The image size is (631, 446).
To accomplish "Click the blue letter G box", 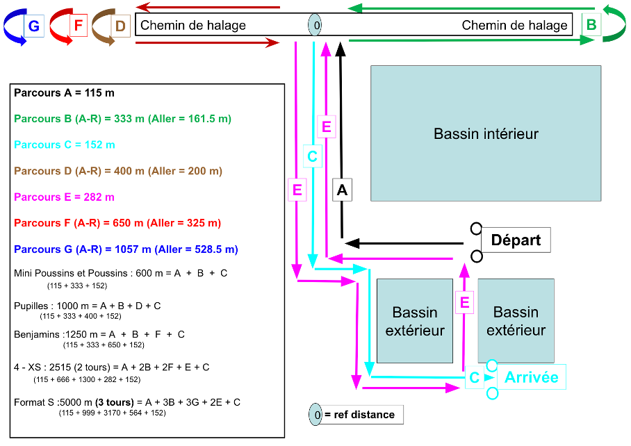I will (x=33, y=26).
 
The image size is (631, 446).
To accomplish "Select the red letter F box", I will (x=78, y=26).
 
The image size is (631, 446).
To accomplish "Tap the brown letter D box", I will (x=120, y=26).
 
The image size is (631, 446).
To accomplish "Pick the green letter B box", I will (x=591, y=25).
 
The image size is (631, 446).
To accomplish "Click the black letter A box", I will (x=342, y=190).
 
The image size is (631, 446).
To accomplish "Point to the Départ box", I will (x=516, y=240).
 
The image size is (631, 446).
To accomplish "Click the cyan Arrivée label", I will (x=532, y=377).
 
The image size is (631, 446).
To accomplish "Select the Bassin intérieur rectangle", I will (x=486, y=133).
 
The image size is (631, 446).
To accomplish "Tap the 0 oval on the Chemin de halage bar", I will (x=315, y=25).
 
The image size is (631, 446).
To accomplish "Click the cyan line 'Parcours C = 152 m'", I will (x=65, y=144).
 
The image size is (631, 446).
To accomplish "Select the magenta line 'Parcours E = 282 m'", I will (x=64, y=197).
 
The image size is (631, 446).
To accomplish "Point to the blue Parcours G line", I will (x=126, y=249).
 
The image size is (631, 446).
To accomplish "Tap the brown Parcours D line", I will (x=118, y=171).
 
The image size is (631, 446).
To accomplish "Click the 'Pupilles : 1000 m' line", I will (x=88, y=305).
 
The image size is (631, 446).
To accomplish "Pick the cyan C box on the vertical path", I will (x=312, y=156).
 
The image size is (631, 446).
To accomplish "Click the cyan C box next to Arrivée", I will (x=474, y=378).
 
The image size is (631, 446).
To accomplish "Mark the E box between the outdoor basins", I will (x=465, y=302).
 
